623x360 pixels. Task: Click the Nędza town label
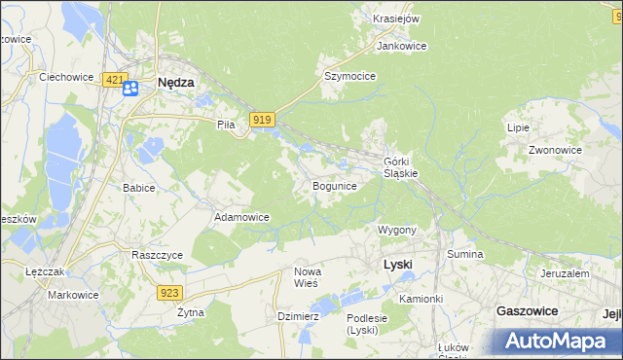click(176, 83)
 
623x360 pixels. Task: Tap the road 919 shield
click(260, 120)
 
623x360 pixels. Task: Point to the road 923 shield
click(169, 292)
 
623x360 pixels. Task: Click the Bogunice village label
click(334, 185)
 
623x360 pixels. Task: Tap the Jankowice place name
click(401, 46)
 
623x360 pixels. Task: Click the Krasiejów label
click(396, 18)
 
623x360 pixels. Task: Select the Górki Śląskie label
click(401, 166)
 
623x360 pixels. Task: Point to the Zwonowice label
click(555, 151)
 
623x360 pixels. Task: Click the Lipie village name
click(518, 127)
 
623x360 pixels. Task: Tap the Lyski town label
click(397, 265)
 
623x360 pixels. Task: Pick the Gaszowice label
click(527, 310)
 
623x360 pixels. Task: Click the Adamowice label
click(241, 217)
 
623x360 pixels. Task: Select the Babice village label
click(138, 188)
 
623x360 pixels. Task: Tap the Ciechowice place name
click(64, 75)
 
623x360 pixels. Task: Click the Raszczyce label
click(158, 254)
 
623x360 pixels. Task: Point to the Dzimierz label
click(298, 316)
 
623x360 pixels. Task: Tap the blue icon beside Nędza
click(131, 88)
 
